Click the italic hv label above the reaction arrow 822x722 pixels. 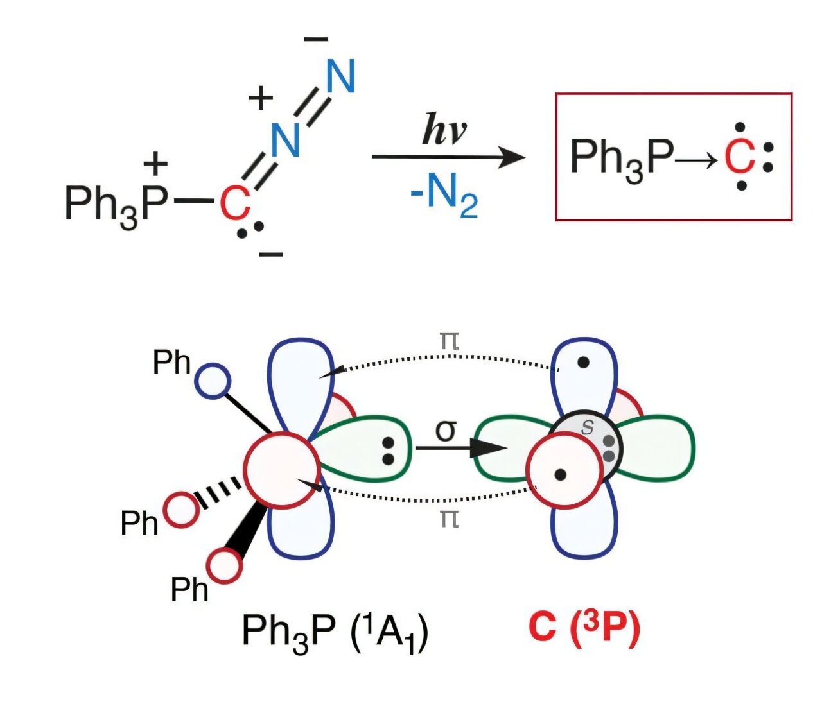click(444, 130)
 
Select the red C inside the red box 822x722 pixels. click(739, 158)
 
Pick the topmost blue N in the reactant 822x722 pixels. click(340, 78)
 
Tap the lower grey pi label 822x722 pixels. click(449, 519)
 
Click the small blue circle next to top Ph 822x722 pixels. click(212, 381)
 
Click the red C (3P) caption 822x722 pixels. click(584, 630)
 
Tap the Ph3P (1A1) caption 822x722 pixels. click(335, 632)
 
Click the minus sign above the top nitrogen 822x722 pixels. click(316, 40)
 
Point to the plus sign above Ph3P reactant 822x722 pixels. click(155, 165)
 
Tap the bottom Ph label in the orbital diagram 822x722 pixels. click(189, 589)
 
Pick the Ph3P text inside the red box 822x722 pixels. click(621, 158)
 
